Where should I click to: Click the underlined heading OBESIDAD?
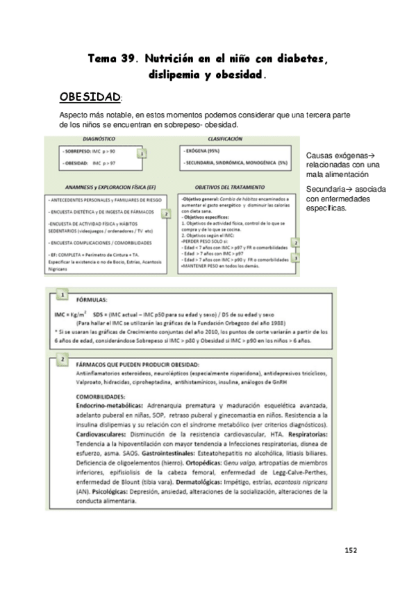point(90,96)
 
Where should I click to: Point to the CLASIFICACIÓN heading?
point(224,139)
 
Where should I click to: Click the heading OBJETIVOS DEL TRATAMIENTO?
point(236,188)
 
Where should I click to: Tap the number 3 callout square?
point(296,256)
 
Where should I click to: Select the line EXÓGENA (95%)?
point(208,150)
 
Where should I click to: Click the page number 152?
point(350,550)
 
